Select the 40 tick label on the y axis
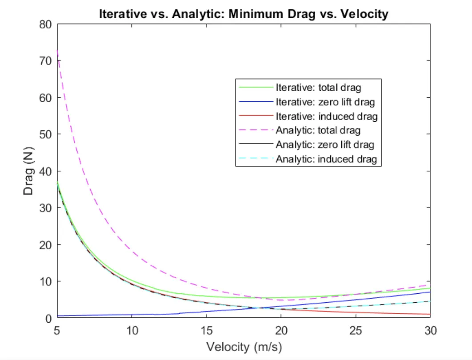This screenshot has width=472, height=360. [48, 171]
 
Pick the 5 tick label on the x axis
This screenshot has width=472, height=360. [57, 331]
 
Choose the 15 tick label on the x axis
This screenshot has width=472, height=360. [206, 331]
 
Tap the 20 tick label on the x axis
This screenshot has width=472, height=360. [281, 331]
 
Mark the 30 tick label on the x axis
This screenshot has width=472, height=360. [430, 331]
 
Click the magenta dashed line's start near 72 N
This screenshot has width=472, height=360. [57, 52]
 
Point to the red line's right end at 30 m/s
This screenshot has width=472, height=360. [429, 314]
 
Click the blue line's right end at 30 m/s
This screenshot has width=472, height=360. [429, 292]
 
